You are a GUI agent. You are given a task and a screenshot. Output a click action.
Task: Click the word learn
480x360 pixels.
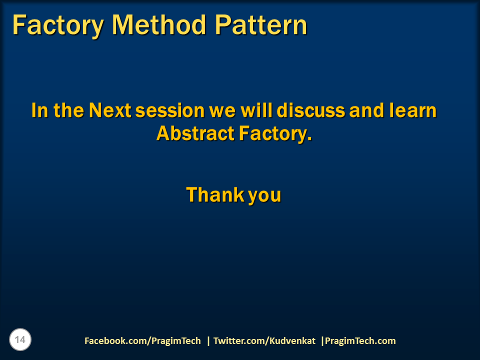[x=412, y=110]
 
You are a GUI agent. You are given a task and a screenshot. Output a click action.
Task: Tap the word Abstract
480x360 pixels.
[x=195, y=133]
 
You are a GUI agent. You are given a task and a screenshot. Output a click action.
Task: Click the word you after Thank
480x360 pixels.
[x=264, y=195]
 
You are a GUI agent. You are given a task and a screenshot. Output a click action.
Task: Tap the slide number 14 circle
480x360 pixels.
[x=20, y=340]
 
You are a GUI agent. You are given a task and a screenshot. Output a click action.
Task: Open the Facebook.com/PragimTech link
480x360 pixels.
[x=142, y=341]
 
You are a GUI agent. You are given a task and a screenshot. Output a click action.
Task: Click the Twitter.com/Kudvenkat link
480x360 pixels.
[x=264, y=341]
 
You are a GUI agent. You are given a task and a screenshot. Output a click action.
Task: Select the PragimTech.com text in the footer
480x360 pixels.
[x=360, y=341]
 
